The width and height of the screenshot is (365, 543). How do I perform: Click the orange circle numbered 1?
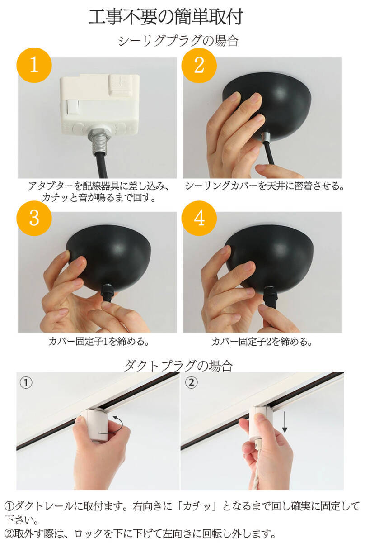[34, 65]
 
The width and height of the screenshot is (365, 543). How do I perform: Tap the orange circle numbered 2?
[199, 65]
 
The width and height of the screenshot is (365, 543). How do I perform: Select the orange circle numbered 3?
[34, 218]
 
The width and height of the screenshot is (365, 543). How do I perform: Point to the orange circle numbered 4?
[199, 218]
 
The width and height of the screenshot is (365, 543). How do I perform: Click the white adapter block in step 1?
[100, 104]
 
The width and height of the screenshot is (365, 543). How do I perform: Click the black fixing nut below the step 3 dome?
[107, 293]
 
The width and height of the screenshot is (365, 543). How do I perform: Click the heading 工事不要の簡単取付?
[166, 17]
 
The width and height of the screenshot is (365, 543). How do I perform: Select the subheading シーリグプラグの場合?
[178, 41]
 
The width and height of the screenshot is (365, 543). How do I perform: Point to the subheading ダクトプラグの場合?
[178, 366]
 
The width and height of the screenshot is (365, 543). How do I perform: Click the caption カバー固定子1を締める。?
[98, 342]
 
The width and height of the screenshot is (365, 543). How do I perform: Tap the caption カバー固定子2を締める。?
[262, 342]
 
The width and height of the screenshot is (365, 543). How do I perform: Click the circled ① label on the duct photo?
[26, 382]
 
